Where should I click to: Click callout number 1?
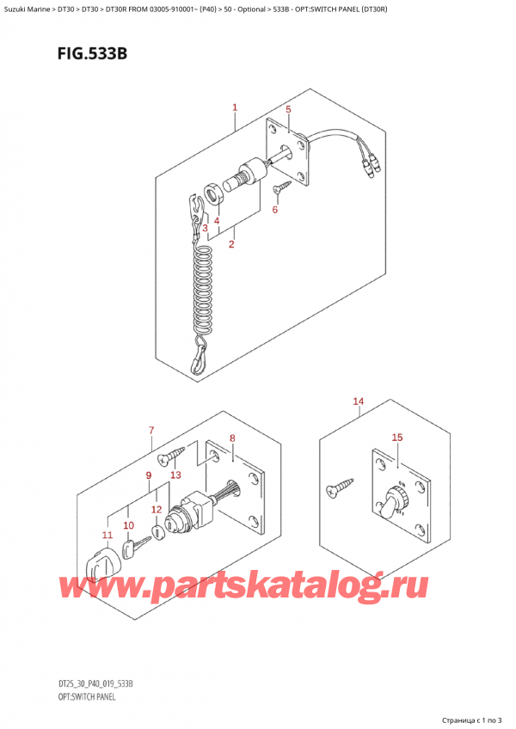click(x=234, y=108)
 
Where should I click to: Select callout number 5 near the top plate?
click(x=288, y=109)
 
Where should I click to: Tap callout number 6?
click(x=275, y=210)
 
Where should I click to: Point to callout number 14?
click(x=358, y=401)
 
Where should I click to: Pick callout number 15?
click(x=396, y=438)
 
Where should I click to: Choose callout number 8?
click(x=231, y=439)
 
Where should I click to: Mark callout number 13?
click(x=175, y=475)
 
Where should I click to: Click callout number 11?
click(x=107, y=536)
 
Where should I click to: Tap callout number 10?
click(x=128, y=525)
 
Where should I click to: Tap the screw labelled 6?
click(x=279, y=188)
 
